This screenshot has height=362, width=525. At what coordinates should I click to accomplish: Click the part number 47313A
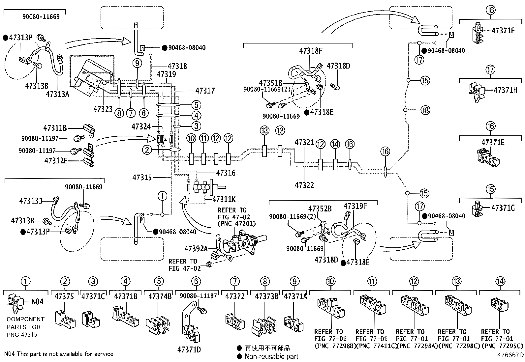click(58, 94)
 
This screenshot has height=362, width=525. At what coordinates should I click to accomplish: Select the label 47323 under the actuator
click(103, 109)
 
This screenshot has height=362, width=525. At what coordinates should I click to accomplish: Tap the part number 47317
click(205, 91)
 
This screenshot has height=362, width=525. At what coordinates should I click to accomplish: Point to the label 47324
click(141, 126)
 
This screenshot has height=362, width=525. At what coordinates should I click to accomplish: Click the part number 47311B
click(55, 128)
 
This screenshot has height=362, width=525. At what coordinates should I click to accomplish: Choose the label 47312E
click(56, 161)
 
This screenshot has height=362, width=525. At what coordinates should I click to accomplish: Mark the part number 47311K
click(224, 199)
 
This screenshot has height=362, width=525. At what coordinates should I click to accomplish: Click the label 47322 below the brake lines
click(304, 185)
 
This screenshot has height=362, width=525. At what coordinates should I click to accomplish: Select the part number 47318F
click(311, 51)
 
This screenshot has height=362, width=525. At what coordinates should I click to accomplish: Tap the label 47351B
click(270, 83)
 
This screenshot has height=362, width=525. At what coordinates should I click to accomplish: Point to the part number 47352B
click(320, 209)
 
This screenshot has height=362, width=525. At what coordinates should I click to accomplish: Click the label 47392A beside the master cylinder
click(196, 248)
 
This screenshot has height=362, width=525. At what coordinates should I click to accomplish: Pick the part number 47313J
click(31, 201)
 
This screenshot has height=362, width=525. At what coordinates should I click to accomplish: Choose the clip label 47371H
click(505, 90)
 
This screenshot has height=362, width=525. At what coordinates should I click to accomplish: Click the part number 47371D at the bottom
click(189, 349)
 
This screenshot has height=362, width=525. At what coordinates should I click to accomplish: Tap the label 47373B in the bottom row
click(266, 296)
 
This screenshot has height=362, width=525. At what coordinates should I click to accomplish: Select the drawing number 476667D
click(510, 355)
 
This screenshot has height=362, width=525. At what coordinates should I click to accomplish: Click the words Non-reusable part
click(271, 356)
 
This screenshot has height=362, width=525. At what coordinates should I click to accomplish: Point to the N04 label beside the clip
click(38, 302)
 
